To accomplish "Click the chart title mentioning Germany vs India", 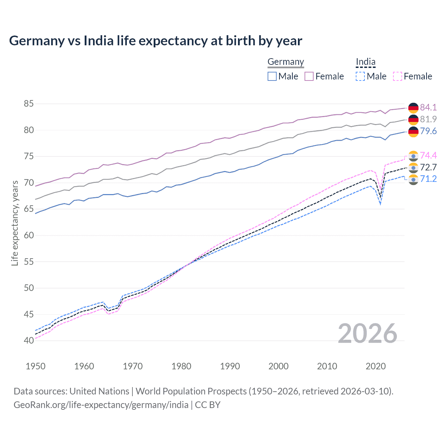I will [x=155, y=41].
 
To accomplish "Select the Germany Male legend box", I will [x=272, y=76].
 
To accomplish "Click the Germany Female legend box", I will [x=309, y=76].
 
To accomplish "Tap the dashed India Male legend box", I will [x=360, y=76].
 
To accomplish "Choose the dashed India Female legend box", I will [x=398, y=76].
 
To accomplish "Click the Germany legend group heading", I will [x=286, y=62].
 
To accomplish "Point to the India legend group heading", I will [x=366, y=62].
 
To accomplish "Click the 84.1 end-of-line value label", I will [x=428, y=107].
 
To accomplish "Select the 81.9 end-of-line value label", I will [x=428, y=119].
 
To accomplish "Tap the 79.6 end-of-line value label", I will [x=428, y=131].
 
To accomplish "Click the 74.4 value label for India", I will [x=428, y=155].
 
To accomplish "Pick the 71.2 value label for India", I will [x=428, y=179].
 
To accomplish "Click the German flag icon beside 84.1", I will [x=413, y=108].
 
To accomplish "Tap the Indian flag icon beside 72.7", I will [x=413, y=168].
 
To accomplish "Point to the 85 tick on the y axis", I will [x=29, y=104].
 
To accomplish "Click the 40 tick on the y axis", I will [x=29, y=340].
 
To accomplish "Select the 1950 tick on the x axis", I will [x=36, y=366].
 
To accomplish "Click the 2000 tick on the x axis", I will [x=278, y=366].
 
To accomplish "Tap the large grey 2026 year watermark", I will [x=367, y=333].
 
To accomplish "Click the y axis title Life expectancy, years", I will [x=15, y=223].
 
